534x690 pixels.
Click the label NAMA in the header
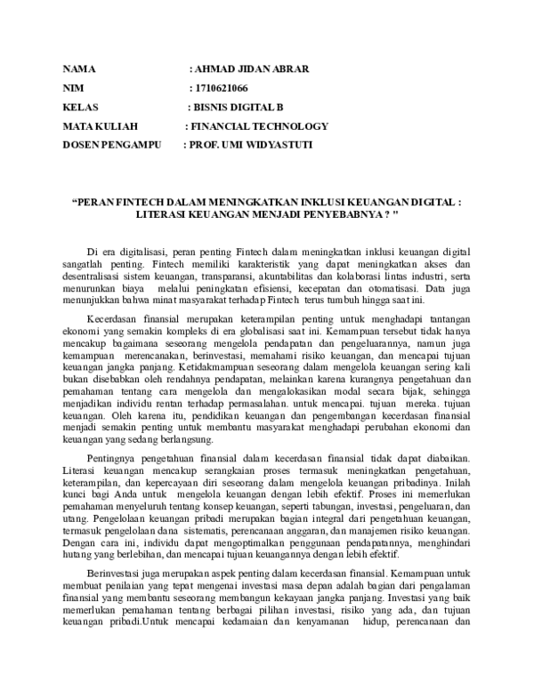click(x=78, y=69)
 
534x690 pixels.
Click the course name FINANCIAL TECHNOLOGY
click(x=260, y=126)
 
